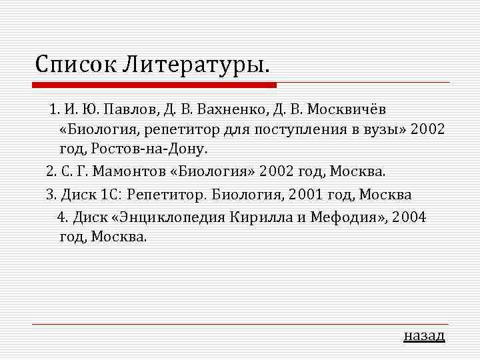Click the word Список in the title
(x=75, y=65)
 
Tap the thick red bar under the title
(x=155, y=85)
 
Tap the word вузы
(x=381, y=129)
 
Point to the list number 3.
(x=50, y=195)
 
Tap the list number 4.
(x=61, y=217)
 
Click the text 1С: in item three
(x=110, y=195)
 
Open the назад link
(x=424, y=335)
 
